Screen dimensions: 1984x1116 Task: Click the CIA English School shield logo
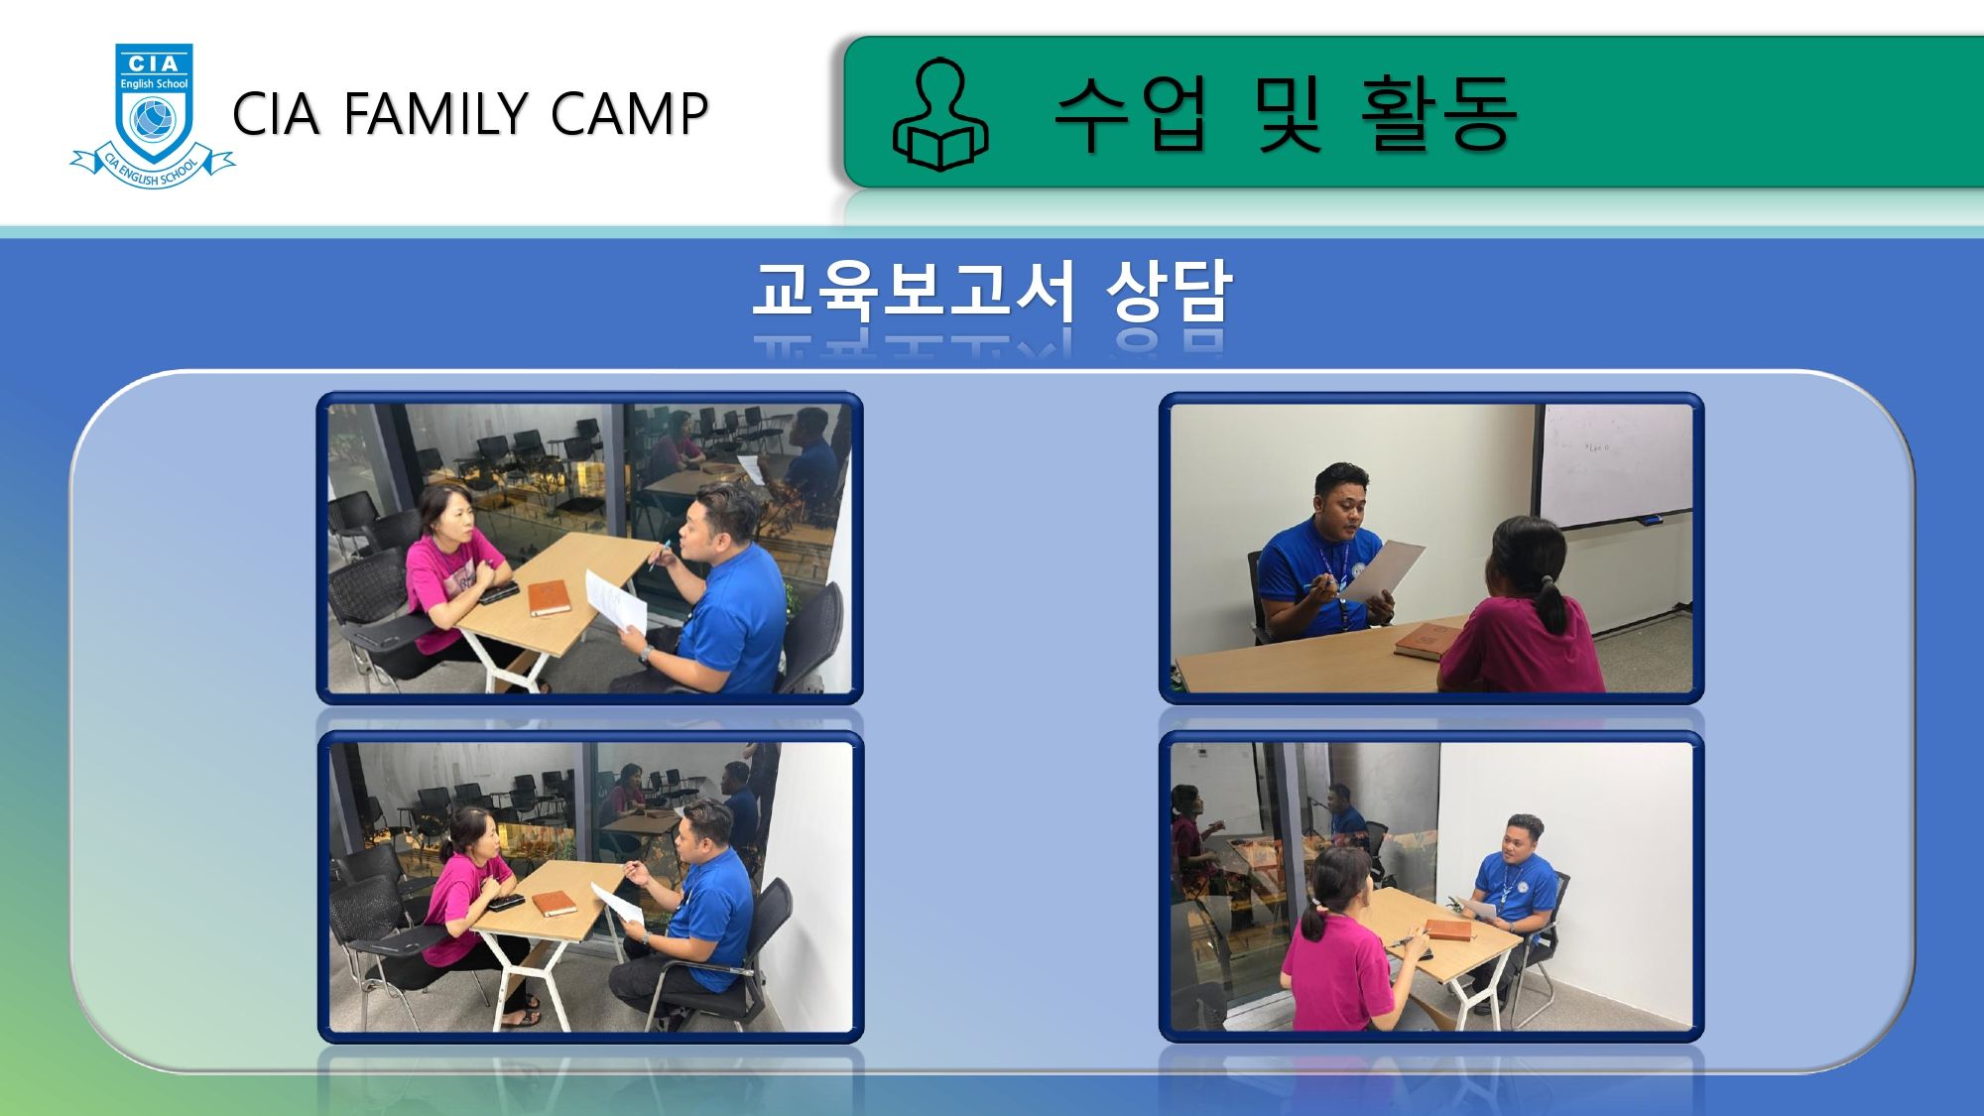tap(153, 115)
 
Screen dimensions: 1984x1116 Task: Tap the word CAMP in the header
tap(629, 113)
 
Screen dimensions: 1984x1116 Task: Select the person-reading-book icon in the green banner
tap(940, 114)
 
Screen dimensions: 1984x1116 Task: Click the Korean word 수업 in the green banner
tap(1131, 114)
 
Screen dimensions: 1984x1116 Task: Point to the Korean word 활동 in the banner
tap(1438, 114)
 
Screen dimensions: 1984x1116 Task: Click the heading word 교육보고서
tap(914, 291)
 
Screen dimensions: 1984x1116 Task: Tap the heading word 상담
tap(1169, 291)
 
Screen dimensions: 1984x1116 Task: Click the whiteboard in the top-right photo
tap(1615, 464)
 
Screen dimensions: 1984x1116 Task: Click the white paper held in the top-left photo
tap(616, 601)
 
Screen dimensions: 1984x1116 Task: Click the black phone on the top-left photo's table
tap(499, 592)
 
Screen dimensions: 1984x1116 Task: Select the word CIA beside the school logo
tap(277, 113)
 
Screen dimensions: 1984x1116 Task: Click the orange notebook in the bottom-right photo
tap(1448, 930)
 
